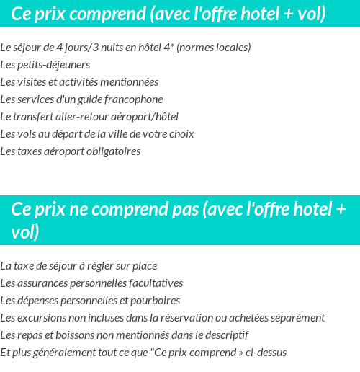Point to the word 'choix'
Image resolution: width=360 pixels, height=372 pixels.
point(180,134)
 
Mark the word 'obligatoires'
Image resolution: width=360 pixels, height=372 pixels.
point(112,151)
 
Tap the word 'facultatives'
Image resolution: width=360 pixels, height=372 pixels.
point(155,283)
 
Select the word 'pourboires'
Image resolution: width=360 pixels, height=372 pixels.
point(155,301)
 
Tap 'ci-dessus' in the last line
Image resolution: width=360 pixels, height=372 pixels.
point(266,353)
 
